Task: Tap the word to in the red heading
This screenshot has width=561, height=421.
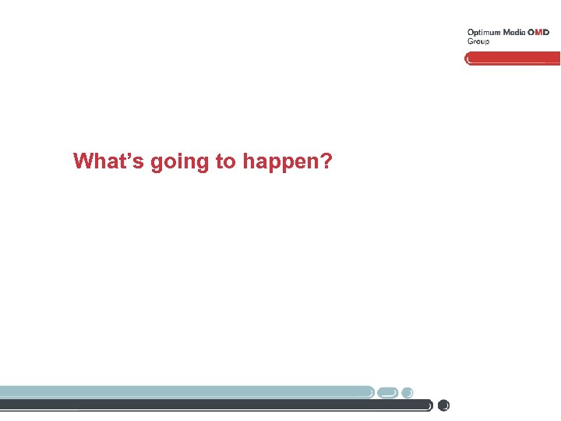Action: [x=226, y=161]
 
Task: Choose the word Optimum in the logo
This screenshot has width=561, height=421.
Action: [x=484, y=33]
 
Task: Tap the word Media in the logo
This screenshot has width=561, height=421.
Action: [x=514, y=33]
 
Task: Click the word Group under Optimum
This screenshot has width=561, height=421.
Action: [x=478, y=41]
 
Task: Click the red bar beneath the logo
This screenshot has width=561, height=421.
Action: [x=514, y=58]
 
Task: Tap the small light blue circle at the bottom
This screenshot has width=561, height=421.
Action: [x=408, y=391]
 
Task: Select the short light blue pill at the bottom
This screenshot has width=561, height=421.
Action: [x=388, y=391]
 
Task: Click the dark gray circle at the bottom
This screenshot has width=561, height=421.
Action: [x=444, y=405]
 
